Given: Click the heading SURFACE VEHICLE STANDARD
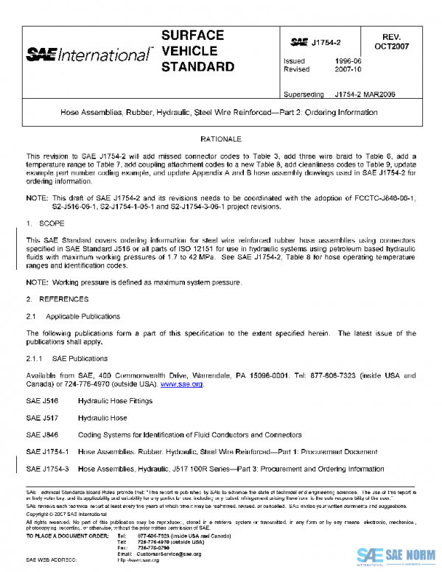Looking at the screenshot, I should (197, 52).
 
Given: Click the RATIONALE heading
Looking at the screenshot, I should (221, 139).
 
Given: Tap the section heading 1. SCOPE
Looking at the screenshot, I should (46, 222).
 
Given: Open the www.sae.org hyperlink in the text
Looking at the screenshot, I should (181, 384).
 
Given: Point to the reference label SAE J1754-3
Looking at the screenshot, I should (46, 469).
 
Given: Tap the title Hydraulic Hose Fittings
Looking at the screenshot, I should (115, 401).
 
